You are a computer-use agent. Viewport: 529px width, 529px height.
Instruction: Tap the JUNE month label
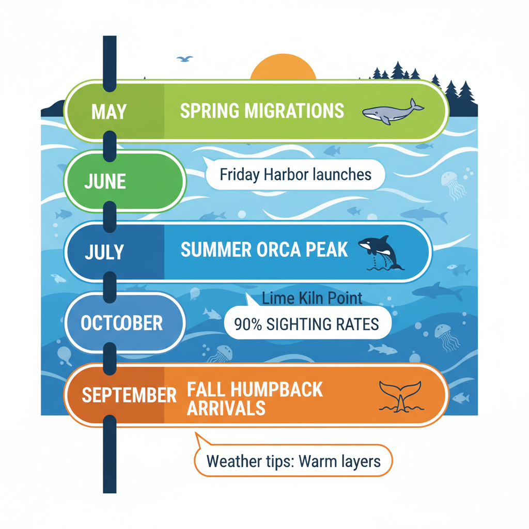[x=105, y=181]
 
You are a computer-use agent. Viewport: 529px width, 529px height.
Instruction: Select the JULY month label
[x=105, y=252]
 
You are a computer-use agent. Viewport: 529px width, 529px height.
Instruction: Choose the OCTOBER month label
[x=122, y=323]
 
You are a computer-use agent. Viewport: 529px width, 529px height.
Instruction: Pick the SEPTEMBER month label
[x=129, y=396]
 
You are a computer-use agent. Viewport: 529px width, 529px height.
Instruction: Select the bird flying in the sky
[x=184, y=59]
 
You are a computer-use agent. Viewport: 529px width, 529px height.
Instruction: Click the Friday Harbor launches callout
[x=295, y=174]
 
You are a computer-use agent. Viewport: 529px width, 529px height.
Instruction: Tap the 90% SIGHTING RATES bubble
[x=307, y=324]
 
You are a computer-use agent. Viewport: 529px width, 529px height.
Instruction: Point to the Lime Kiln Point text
[x=312, y=298]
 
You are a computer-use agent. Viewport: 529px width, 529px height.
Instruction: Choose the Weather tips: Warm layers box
[x=293, y=460]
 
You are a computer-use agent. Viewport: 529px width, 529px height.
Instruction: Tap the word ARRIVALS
[x=226, y=408]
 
